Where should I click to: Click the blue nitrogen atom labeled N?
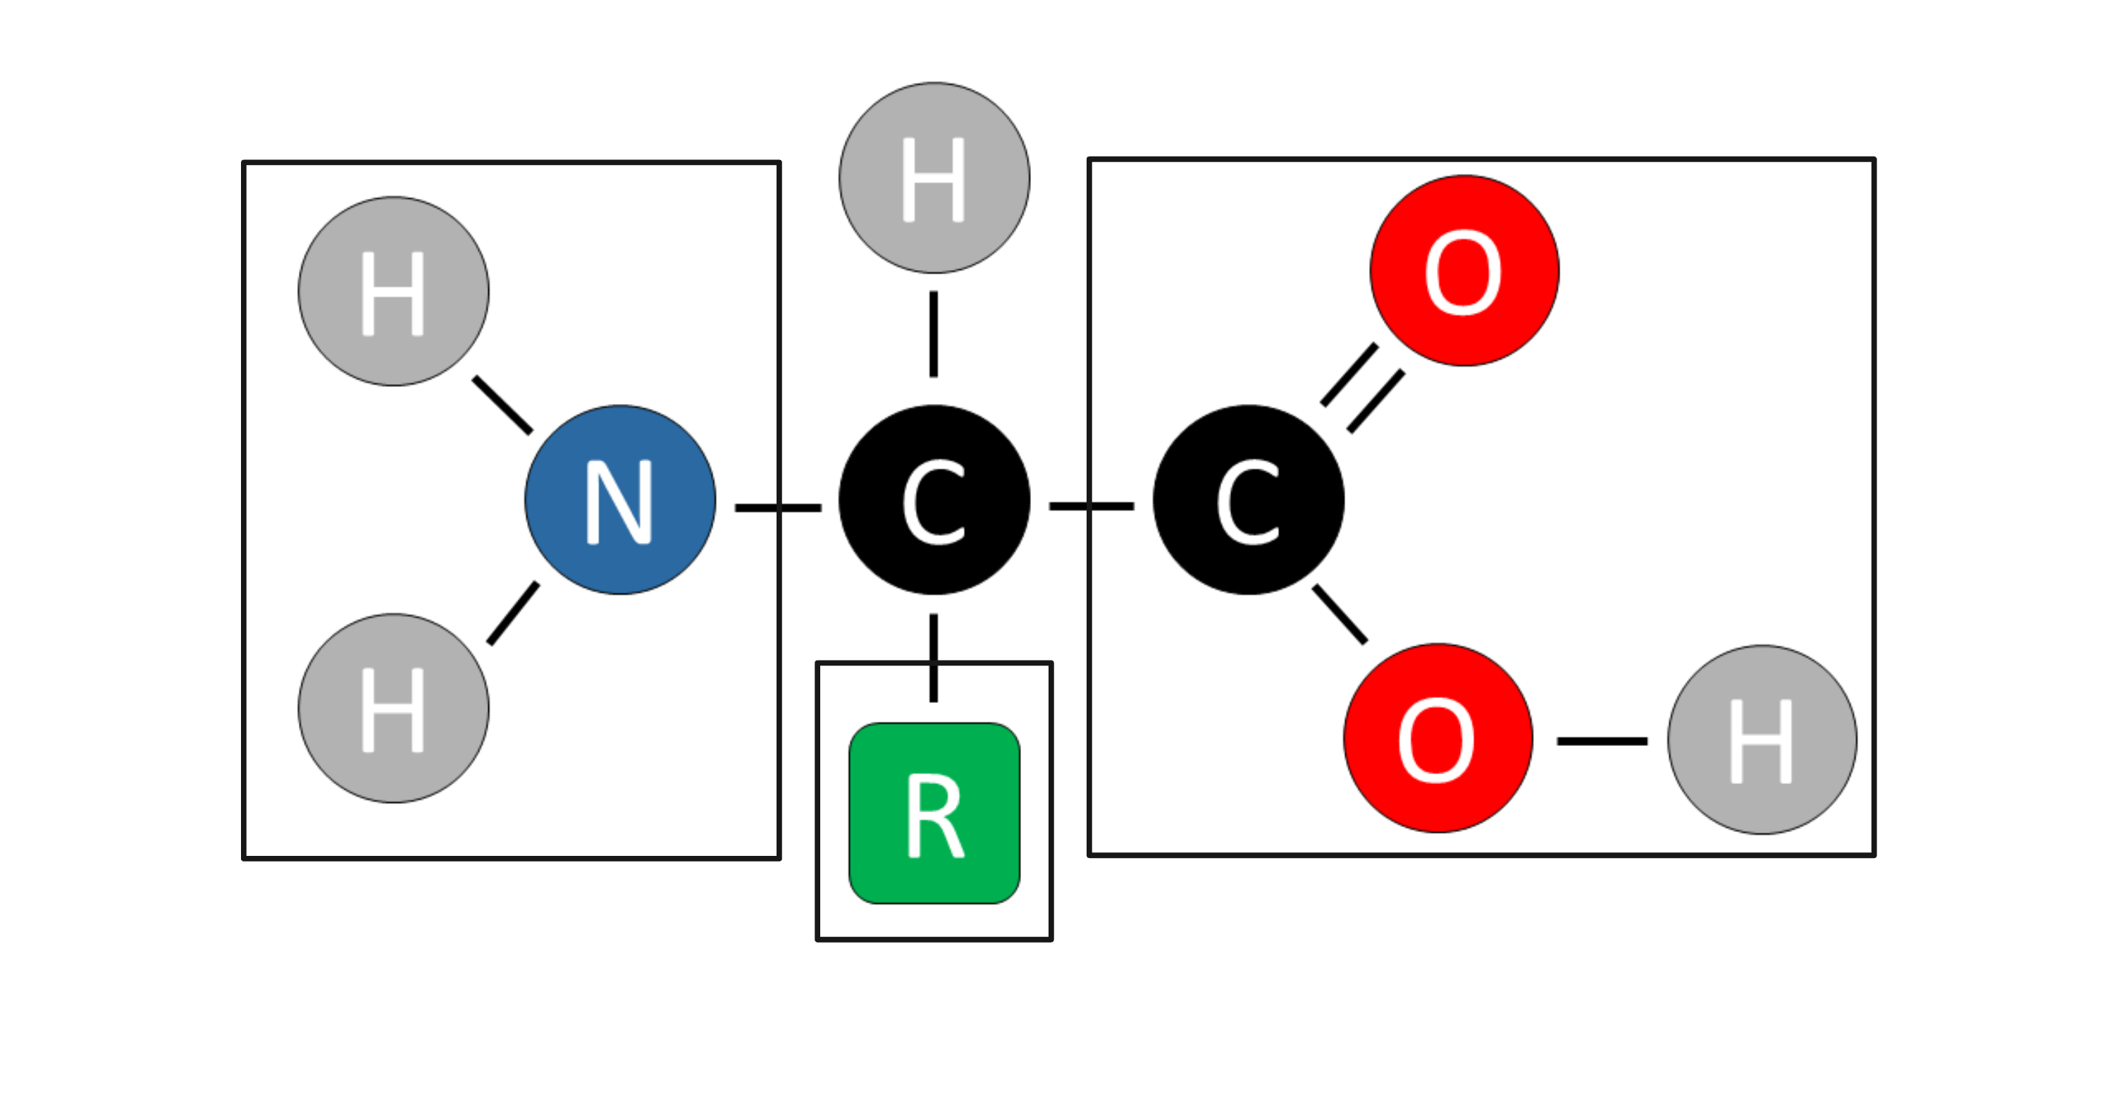point(619,500)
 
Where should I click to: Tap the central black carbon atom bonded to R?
point(934,500)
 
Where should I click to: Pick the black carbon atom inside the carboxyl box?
point(1248,500)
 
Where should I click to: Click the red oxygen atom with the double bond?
point(1464,271)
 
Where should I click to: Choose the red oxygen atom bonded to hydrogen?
point(1438,739)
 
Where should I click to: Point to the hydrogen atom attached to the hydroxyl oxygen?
point(1762,740)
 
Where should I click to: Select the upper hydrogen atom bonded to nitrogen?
point(393,291)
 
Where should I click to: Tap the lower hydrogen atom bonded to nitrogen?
point(393,709)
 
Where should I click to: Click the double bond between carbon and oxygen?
point(1362,388)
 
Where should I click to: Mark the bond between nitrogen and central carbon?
point(777,508)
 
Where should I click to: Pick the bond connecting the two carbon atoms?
point(1092,506)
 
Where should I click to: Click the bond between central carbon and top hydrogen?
point(934,334)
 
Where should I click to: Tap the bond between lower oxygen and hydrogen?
point(1602,741)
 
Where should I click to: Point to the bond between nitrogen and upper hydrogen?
point(502,405)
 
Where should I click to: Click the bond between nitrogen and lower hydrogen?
point(514,613)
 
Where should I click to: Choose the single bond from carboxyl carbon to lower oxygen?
point(1340,615)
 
